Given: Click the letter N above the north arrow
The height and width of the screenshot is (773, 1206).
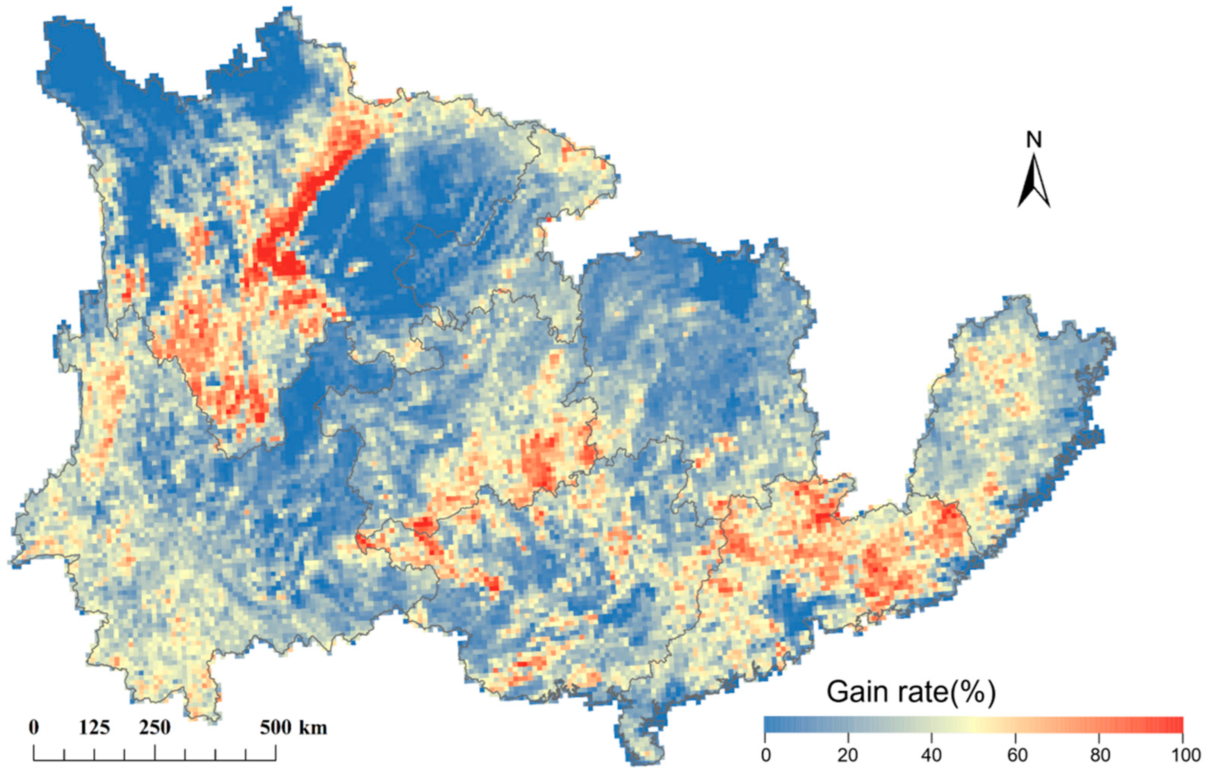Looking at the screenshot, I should (x=1033, y=141).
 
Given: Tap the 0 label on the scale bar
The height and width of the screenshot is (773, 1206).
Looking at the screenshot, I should (x=34, y=727).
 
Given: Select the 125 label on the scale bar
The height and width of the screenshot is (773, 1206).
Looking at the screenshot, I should (x=94, y=727).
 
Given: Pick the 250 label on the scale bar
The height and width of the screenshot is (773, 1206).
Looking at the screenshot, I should (x=155, y=727).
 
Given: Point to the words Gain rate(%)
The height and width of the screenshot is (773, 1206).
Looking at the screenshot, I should (x=910, y=692).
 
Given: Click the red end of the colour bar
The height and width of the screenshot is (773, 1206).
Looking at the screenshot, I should (x=1174, y=725).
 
